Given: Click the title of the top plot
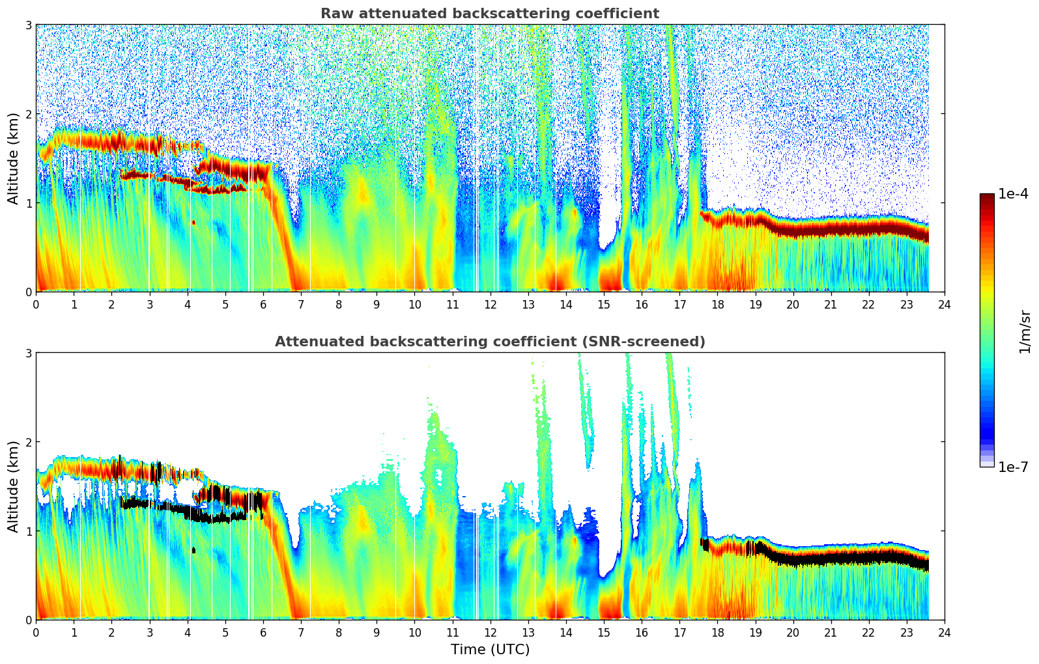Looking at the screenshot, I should (x=489, y=14).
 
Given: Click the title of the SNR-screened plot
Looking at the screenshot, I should (x=489, y=342).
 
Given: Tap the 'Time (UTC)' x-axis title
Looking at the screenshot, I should (x=490, y=650).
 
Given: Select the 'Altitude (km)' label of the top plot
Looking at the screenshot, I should (x=13, y=158).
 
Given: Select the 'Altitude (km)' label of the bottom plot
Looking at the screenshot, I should (x=13, y=486).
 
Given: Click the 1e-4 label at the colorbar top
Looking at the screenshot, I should (x=1013, y=194).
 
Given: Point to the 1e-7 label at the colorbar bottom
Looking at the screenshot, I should (x=1013, y=467).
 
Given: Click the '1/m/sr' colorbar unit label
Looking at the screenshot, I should (x=1025, y=331).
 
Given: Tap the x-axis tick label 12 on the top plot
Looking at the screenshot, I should (x=490, y=304).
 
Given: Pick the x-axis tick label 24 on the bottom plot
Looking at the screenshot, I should (x=944, y=632).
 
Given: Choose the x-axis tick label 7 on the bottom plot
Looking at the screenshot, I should (x=300, y=632).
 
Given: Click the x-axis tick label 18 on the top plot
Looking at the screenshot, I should (x=717, y=304).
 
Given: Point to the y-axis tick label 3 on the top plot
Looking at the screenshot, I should (x=29, y=25).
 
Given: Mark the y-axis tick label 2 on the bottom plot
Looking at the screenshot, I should (x=29, y=442).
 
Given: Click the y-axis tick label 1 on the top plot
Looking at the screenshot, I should (x=29, y=203).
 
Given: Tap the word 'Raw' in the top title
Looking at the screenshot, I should (x=334, y=14).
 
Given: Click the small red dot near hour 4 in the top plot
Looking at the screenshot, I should (x=193, y=222).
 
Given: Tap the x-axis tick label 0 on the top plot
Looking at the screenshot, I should (x=36, y=304).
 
